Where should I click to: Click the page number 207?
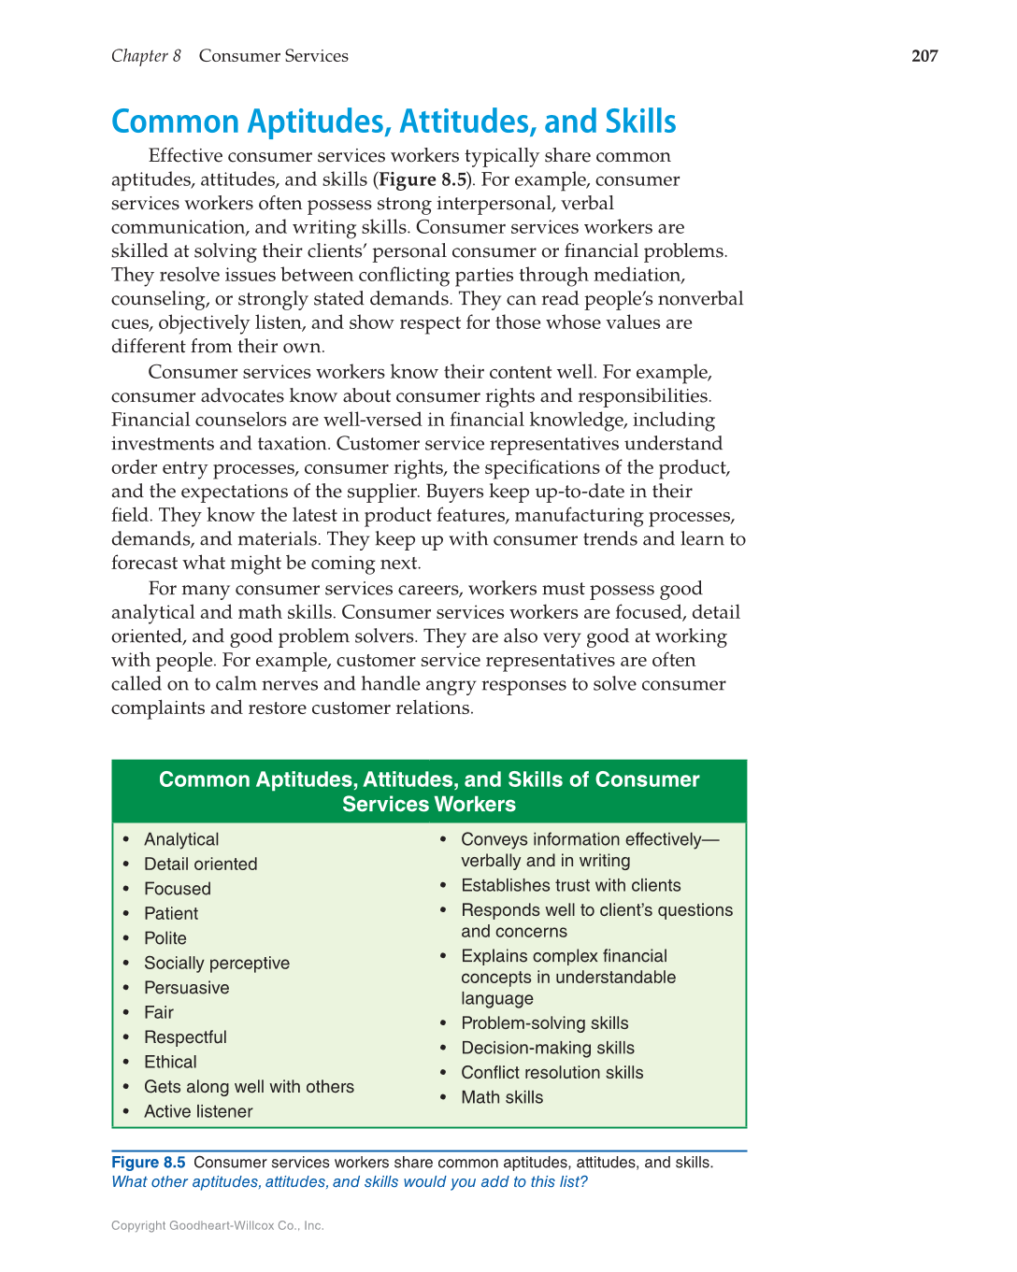924,56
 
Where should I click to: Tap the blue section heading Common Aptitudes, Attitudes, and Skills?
394,121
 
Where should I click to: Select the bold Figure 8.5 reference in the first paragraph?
423,179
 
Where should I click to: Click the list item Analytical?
181,839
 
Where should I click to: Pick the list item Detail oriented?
200,864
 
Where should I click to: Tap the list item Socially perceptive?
217,963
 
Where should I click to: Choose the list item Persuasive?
186,988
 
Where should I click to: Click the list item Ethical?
170,1062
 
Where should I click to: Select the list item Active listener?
198,1111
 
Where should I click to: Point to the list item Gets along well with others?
249,1087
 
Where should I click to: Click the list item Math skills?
502,1097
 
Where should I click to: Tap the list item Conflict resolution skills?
551,1073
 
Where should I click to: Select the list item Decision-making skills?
548,1048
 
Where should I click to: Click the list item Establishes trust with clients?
570,885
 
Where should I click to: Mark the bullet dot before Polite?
126,938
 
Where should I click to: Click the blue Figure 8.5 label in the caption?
148,1163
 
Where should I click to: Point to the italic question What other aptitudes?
349,1182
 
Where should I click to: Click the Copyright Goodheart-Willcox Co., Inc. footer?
217,1225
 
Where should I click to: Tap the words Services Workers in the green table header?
429,805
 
